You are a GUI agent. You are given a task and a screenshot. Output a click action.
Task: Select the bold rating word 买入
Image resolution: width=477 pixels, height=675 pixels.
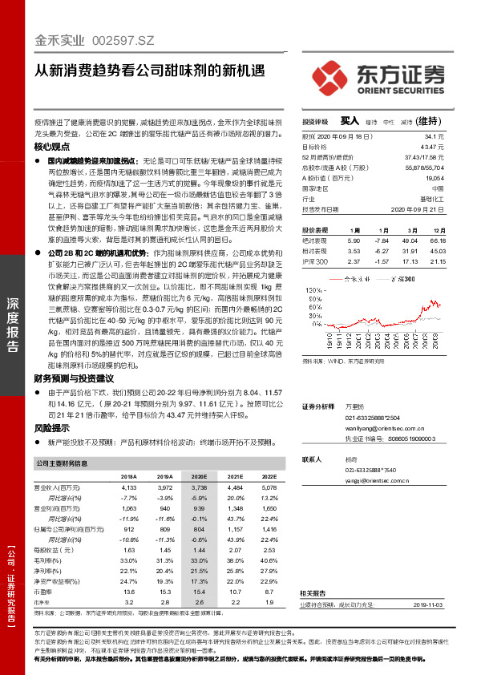[x=349, y=120]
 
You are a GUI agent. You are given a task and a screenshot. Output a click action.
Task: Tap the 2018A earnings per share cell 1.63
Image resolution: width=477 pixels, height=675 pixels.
[x=128, y=550]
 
